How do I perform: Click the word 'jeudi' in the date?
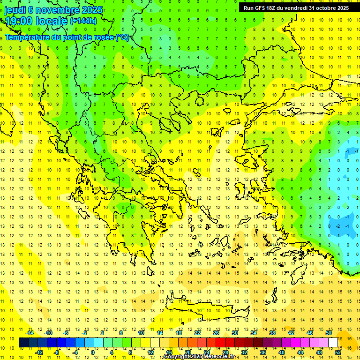coord(15,10)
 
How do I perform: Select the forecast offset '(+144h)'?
coord(83,21)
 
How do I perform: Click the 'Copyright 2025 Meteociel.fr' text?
coord(199,357)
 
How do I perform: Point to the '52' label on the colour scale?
coord(338,352)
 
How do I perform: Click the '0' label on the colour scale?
coord(93,352)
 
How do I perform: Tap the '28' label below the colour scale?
coord(225,352)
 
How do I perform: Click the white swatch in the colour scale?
coord(333,343)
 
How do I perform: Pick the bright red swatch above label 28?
coord(221,343)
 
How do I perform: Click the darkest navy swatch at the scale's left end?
coord(24,343)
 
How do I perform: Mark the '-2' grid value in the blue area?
coord(338,226)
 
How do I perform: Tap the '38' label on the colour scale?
coord(272,333)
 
